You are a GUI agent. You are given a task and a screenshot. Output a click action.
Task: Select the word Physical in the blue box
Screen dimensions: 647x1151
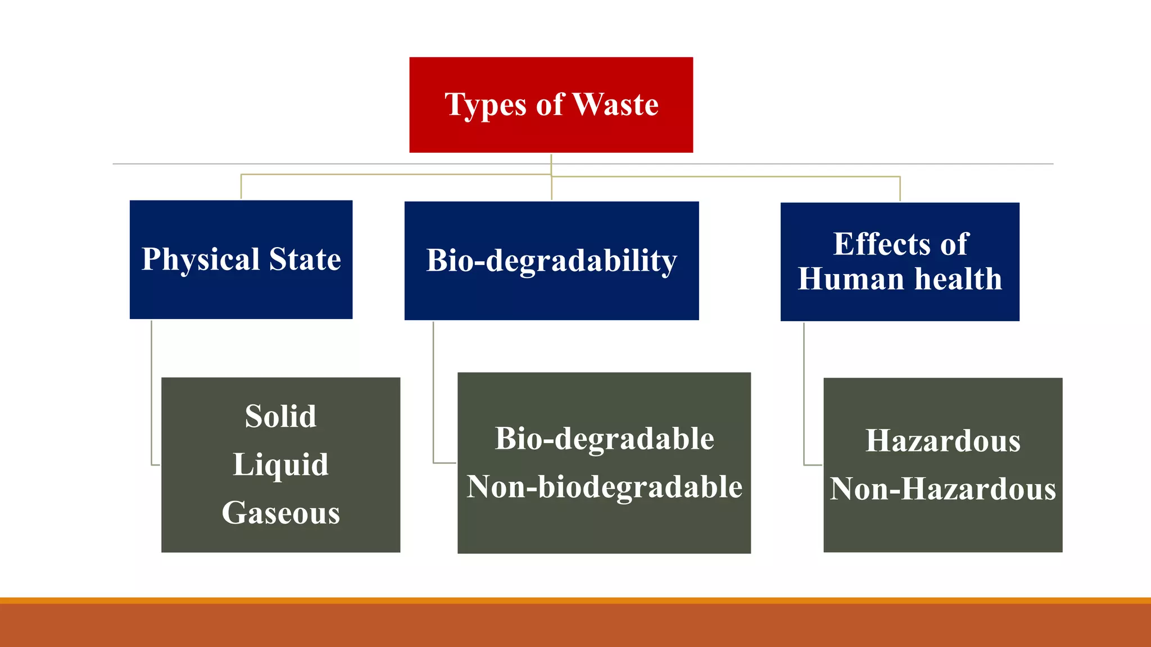201,260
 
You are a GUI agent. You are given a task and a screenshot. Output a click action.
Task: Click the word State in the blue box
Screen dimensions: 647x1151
305,259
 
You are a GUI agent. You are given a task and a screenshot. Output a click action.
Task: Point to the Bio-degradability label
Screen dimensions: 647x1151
551,261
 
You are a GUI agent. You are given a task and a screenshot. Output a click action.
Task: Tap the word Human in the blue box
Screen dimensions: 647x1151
850,279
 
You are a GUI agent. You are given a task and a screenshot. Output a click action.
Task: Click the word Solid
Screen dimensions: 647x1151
280,417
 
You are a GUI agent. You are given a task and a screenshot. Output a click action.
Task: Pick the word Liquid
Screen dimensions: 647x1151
280,465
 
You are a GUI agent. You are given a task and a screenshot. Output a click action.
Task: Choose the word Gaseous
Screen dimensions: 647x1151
280,513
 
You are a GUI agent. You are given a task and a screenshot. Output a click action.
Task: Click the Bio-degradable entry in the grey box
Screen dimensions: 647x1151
604,439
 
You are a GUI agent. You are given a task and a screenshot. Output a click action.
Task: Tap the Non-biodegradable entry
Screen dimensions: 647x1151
604,487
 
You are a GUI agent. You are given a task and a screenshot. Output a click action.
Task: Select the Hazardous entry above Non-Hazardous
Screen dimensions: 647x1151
942,441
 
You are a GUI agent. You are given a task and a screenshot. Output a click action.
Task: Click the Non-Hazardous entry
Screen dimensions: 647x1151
942,489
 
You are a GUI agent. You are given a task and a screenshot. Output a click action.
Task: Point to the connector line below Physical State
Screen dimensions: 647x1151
152,393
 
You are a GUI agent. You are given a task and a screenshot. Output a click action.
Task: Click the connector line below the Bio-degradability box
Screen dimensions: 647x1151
433,393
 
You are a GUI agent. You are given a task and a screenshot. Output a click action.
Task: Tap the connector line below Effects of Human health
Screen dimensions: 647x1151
804,393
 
